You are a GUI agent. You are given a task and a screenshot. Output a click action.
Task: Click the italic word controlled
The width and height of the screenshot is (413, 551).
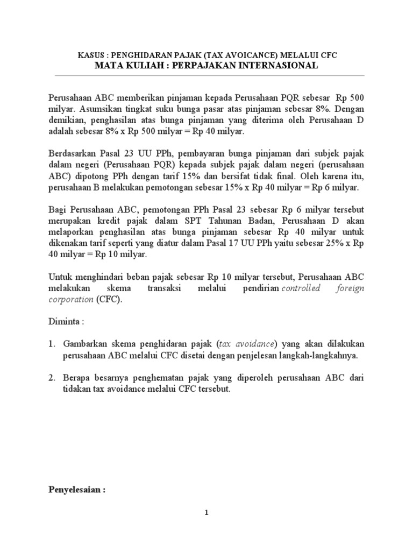click(301, 288)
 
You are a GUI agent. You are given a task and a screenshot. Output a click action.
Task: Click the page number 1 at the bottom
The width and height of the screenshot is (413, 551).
click(206, 513)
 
